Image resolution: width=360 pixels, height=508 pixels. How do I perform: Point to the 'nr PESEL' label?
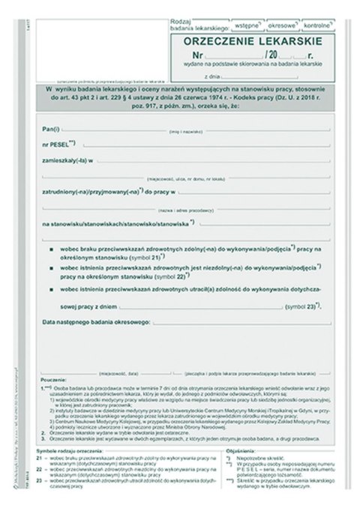58,142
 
